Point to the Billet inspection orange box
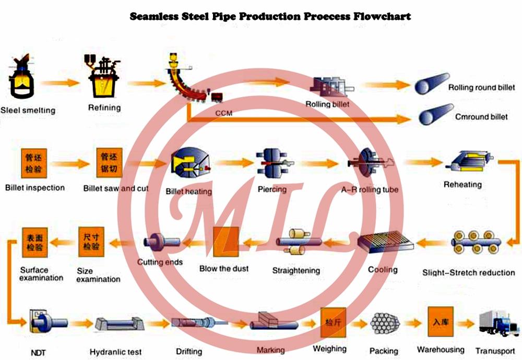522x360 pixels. (x=34, y=163)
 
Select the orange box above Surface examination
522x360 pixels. (x=34, y=243)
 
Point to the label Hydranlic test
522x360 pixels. (x=115, y=352)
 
